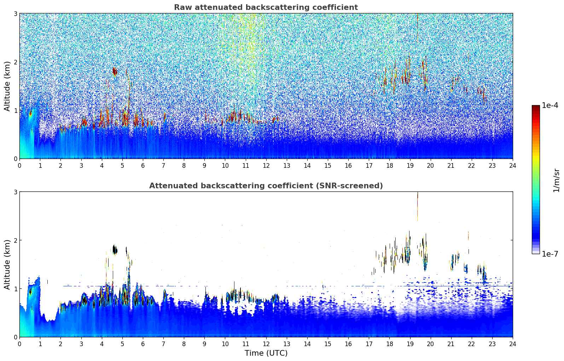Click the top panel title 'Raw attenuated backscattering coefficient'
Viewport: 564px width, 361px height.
(x=266, y=7)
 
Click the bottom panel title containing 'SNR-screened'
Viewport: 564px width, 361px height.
(x=266, y=186)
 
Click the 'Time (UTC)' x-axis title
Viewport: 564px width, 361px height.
(x=266, y=353)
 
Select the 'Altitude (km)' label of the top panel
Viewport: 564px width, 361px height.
(x=7, y=86)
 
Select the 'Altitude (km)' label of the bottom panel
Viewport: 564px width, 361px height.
(x=7, y=264)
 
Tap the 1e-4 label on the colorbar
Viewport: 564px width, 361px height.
(x=550, y=105)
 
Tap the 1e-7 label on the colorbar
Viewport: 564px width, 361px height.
(x=550, y=254)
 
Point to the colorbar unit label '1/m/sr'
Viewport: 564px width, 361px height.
(x=557, y=180)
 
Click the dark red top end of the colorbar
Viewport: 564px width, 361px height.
(x=536, y=107)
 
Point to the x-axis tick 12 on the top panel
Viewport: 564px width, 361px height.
(x=266, y=165)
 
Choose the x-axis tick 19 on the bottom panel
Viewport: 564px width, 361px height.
(x=410, y=344)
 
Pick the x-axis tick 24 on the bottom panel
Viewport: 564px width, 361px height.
(x=513, y=344)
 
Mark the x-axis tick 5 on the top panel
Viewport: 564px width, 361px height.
(x=122, y=165)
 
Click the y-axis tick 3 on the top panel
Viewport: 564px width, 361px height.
(x=15, y=13)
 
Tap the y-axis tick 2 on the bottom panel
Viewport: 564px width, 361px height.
(x=15, y=240)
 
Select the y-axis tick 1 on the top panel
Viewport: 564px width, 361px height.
(x=15, y=110)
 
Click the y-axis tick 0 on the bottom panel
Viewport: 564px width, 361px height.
(x=15, y=337)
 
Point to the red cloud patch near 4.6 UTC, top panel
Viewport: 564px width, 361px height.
(x=115, y=71)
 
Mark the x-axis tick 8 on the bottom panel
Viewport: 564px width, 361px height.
(x=184, y=344)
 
